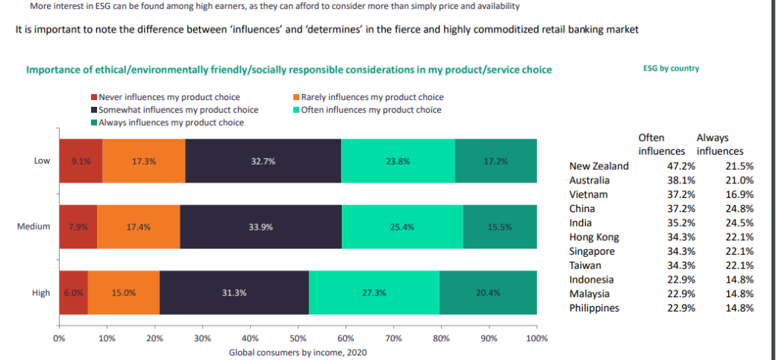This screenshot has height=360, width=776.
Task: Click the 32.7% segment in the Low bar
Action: tap(263, 161)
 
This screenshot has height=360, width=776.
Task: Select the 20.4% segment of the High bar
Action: tap(488, 292)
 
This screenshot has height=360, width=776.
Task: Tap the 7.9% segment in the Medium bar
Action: tap(77, 227)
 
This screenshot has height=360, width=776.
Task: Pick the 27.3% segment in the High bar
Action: tap(374, 292)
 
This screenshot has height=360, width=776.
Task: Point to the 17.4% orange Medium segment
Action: tap(137, 227)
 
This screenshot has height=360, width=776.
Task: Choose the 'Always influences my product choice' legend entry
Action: tap(171, 123)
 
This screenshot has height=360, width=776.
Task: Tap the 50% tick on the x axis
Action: tap(297, 337)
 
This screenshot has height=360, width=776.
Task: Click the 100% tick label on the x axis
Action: tap(536, 337)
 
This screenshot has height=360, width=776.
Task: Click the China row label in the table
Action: tap(582, 208)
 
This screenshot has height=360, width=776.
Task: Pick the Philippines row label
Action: tap(594, 308)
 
